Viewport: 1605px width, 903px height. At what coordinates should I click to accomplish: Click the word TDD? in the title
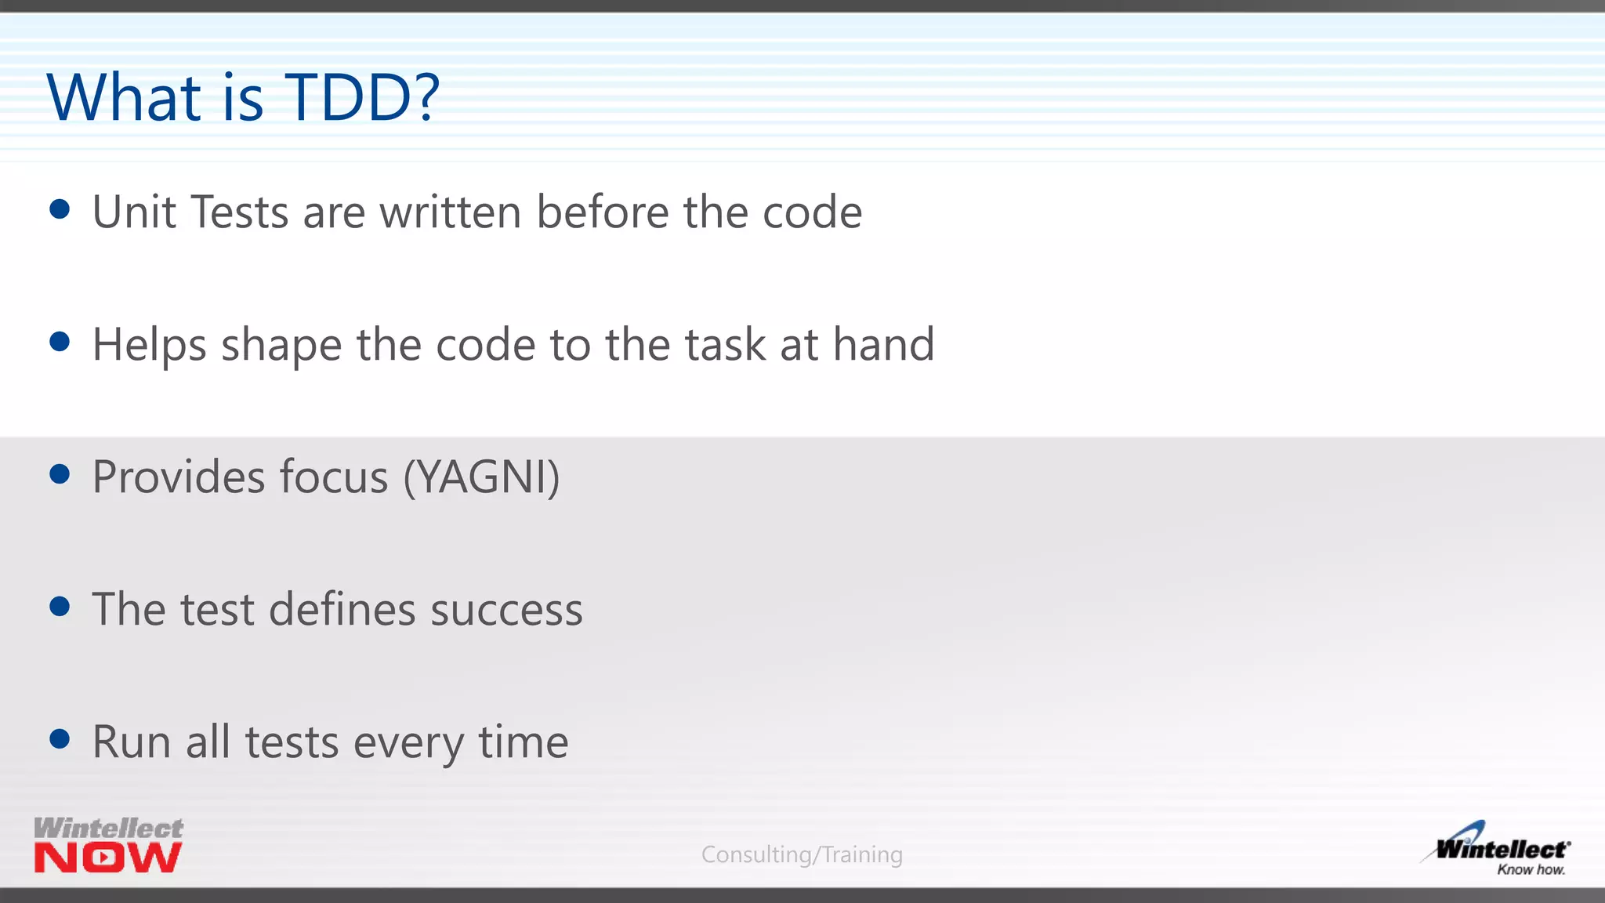[x=362, y=97]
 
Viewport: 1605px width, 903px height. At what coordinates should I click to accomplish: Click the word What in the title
[x=124, y=97]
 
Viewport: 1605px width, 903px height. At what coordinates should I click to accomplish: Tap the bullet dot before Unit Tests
[x=60, y=209]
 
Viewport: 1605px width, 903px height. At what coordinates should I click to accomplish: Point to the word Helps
[x=149, y=345]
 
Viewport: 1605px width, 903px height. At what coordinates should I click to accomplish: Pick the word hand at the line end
[x=883, y=344]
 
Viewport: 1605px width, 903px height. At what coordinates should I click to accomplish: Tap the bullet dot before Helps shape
[x=60, y=342]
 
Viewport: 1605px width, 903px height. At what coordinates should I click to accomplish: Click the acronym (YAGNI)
[x=481, y=477]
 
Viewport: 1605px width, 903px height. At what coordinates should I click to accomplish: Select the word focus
[x=334, y=477]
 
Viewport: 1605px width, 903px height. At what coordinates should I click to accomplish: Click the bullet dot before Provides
[x=60, y=473]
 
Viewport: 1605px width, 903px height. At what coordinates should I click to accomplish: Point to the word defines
[x=342, y=609]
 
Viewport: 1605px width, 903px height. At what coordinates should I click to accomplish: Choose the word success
[x=506, y=611]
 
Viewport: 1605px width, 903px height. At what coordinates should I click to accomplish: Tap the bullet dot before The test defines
[x=60, y=606]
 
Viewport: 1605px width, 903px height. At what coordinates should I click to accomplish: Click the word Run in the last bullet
[x=131, y=742]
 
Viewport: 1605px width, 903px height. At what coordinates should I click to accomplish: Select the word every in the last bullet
[x=408, y=743]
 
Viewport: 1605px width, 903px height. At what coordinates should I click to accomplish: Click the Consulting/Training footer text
[x=802, y=854]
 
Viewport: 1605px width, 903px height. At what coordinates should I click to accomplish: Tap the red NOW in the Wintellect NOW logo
[x=108, y=858]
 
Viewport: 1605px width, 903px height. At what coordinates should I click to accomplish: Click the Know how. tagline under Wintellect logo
[x=1531, y=869]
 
